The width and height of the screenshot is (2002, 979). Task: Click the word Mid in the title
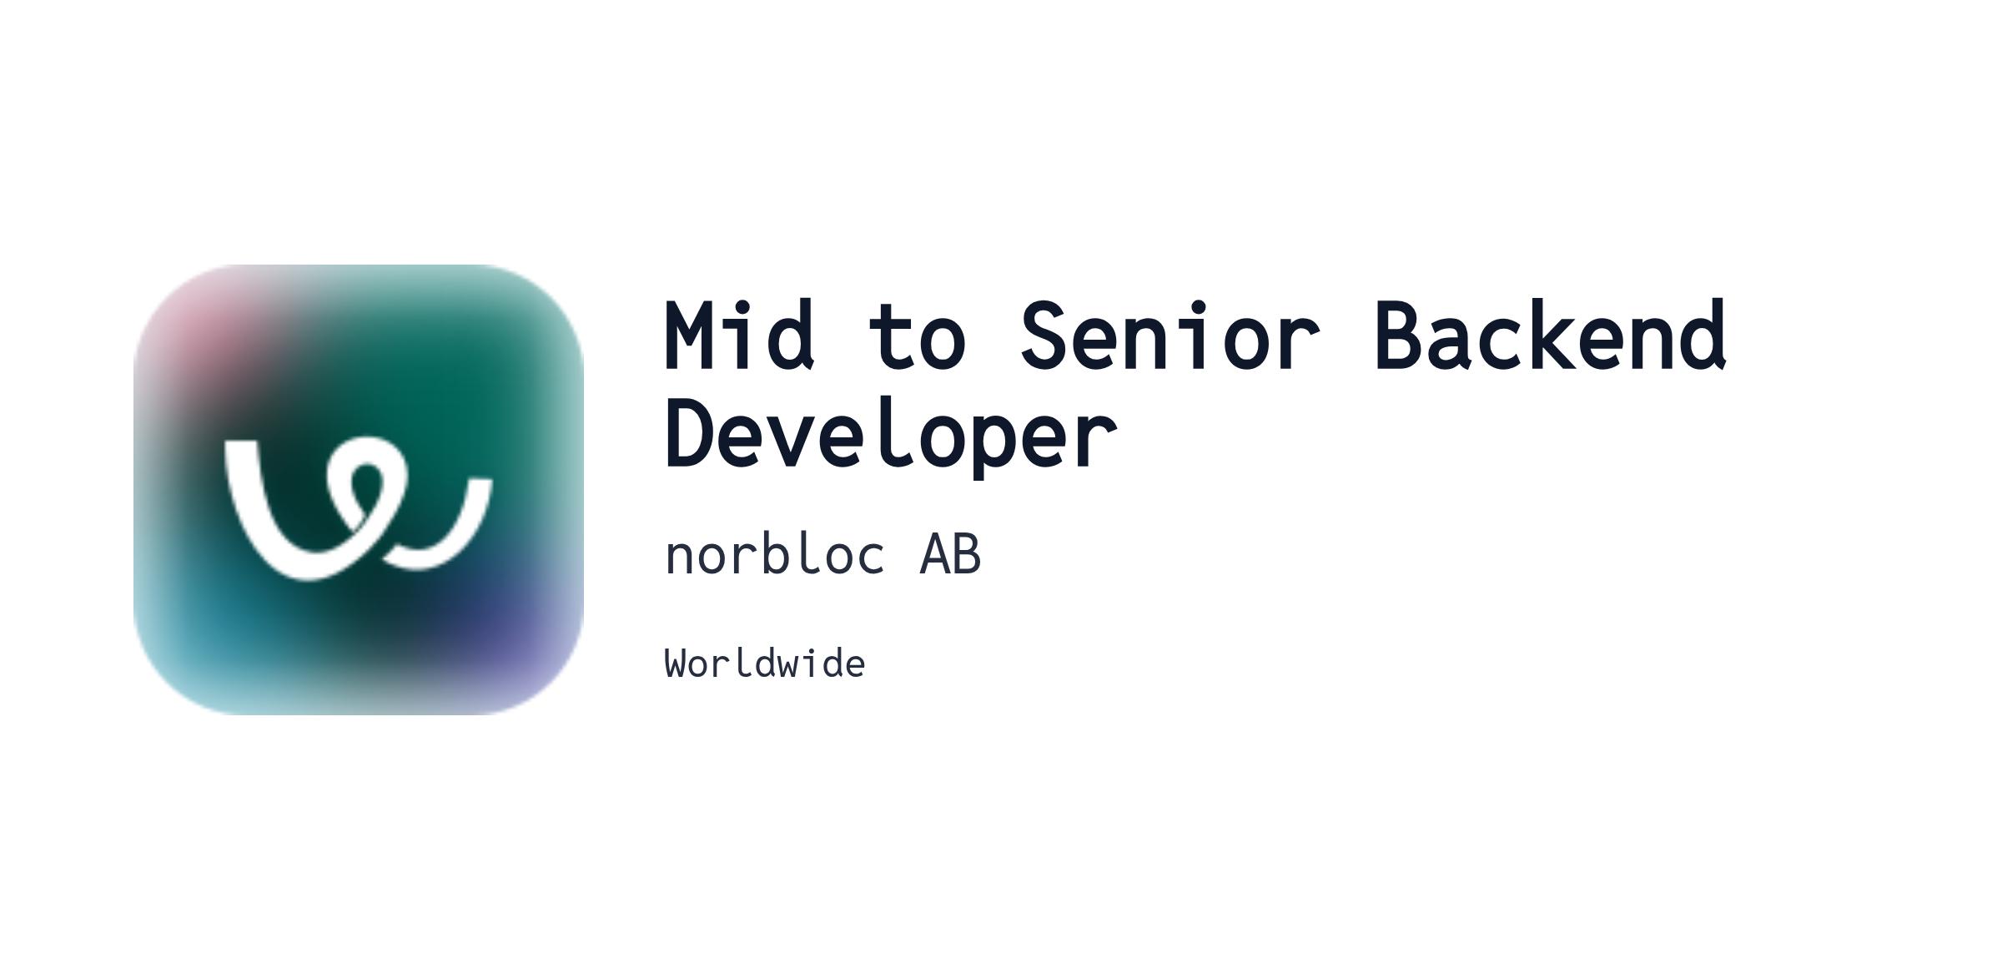point(739,335)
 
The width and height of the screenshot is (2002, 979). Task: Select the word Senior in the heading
point(1170,335)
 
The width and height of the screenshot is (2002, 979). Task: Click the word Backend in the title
point(1551,335)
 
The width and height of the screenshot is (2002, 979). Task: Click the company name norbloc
point(774,554)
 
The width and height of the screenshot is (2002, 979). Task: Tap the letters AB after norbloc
point(950,554)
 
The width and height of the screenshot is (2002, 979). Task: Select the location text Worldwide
point(765,664)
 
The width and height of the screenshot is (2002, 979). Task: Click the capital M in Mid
point(689,335)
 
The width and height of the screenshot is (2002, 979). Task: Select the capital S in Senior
point(1045,335)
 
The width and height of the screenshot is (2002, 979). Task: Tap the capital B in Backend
point(1399,335)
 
